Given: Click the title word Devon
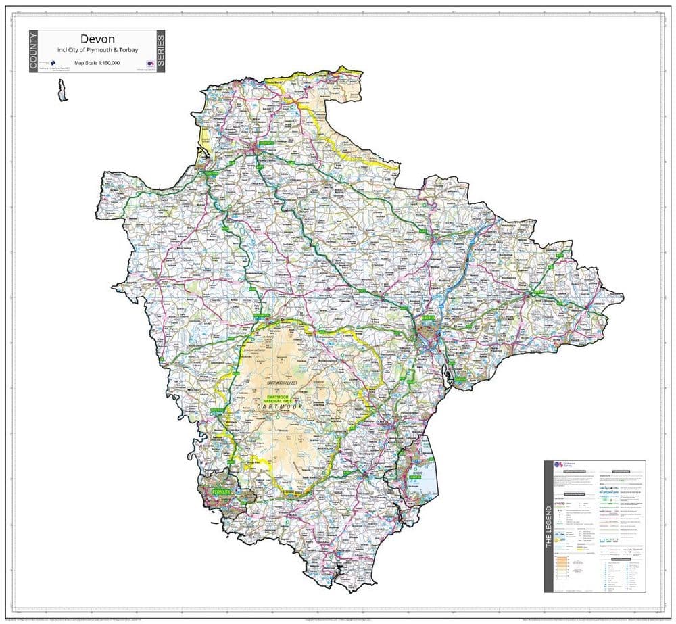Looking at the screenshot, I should coord(97,39).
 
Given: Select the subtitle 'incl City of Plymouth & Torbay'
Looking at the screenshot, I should coord(97,51).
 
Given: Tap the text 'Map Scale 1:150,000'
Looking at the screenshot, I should coord(97,62).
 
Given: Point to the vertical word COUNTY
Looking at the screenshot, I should coord(34,51).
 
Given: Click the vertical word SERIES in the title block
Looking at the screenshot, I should coord(160,51).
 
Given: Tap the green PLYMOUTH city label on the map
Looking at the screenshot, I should coord(221,492).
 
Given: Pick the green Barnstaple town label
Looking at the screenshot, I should coord(265,144).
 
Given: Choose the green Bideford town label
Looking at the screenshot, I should coord(212,173).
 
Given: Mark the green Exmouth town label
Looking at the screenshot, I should coord(460,379).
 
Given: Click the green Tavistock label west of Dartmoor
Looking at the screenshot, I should coord(218,410).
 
